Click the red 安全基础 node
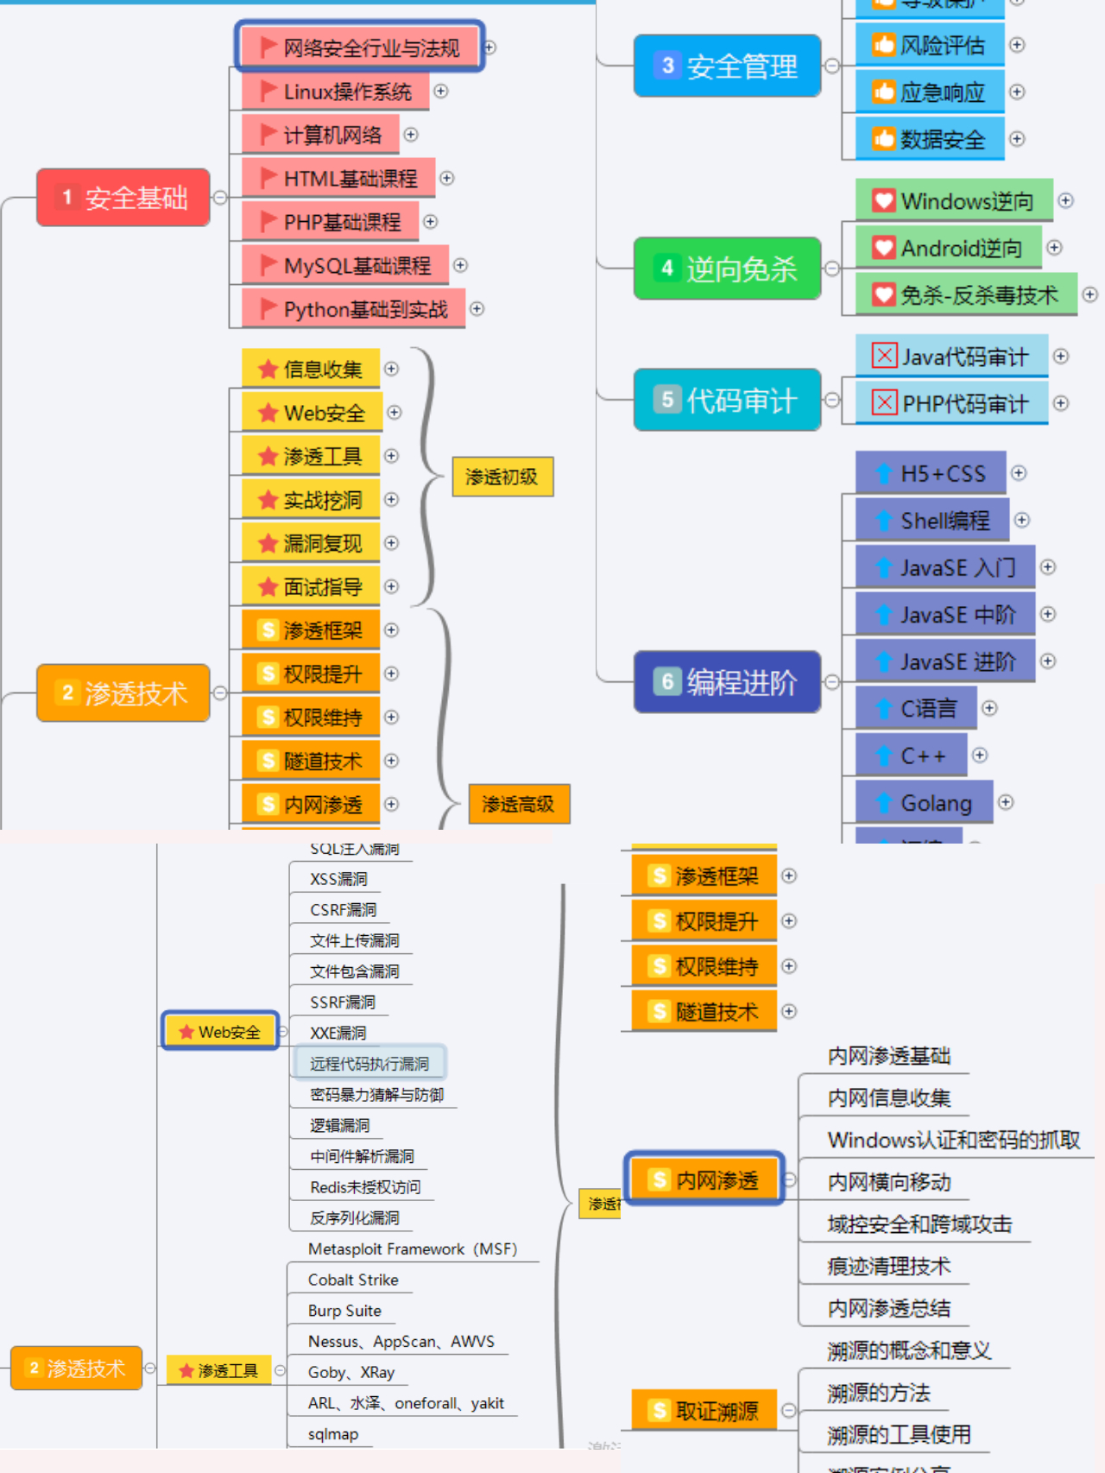coord(123,198)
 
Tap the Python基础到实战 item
coord(353,309)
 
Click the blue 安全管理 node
coord(727,66)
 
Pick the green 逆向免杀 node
coord(727,269)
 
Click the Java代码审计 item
coord(951,357)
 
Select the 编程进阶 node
coord(727,682)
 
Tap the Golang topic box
coord(924,803)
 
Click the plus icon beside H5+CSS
coord(1019,473)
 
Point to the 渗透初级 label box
coord(502,477)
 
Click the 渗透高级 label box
coord(519,805)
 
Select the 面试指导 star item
coord(311,587)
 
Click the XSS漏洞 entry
coord(338,879)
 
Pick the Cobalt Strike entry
coord(353,1280)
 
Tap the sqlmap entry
coord(333,1434)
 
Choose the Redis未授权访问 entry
coord(365,1187)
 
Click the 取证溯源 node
coord(704,1411)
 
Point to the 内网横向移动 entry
coord(889,1182)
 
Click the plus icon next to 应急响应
coord(1017,92)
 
